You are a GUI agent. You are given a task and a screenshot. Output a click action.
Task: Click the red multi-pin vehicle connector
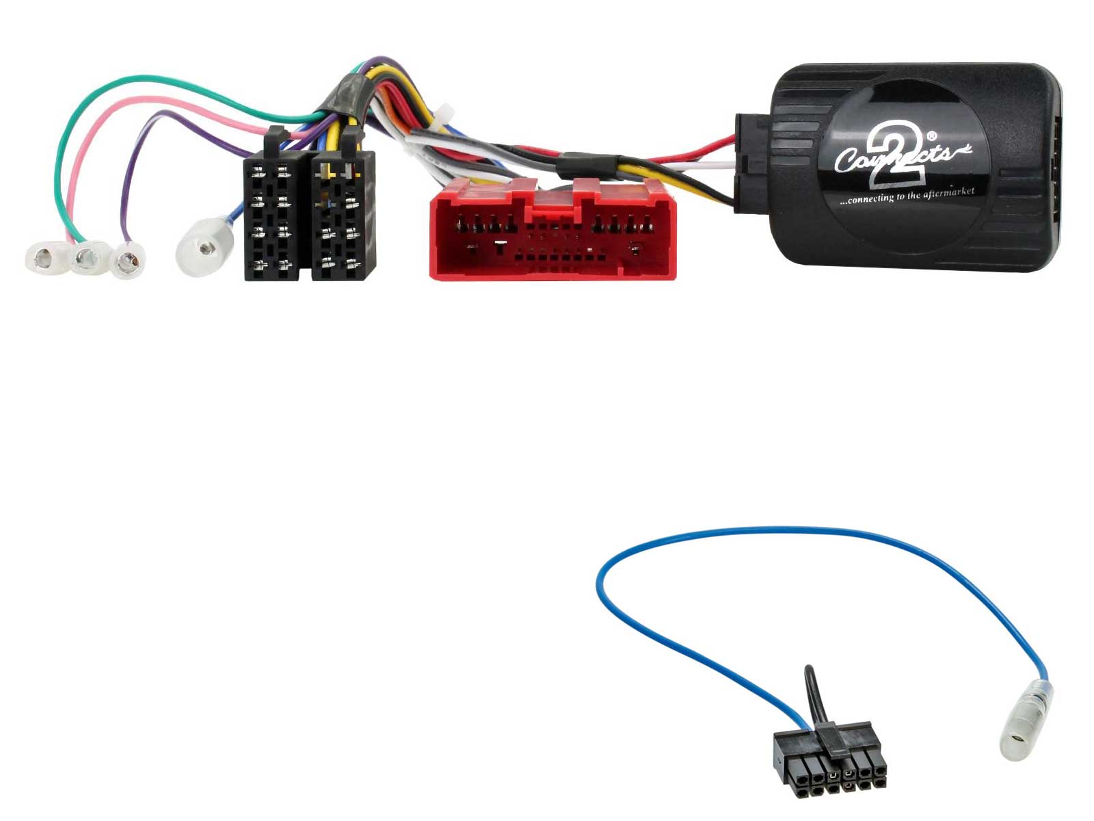[552, 229]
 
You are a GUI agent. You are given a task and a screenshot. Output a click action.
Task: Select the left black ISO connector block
[276, 209]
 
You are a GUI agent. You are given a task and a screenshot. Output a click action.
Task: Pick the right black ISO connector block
[343, 209]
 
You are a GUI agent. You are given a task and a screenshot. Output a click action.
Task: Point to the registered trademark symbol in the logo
[932, 135]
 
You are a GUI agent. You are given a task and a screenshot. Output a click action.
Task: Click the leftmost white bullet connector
[48, 257]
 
